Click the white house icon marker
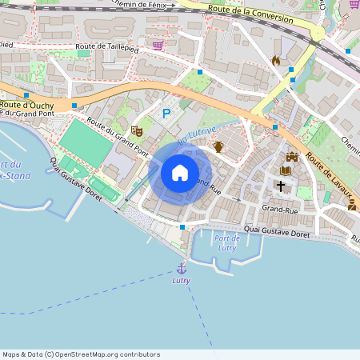pos(180,172)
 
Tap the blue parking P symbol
pos(166,114)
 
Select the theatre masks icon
pos(137,129)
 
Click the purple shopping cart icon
pos(158,46)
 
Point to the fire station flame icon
pos(276,60)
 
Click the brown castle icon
pos(291,156)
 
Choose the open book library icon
pos(286,170)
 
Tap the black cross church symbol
pos(280,186)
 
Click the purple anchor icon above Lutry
pos(182,269)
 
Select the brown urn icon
pos(218,146)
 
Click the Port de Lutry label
pos(228,243)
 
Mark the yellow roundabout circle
pos(318,34)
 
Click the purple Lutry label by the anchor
pos(182,281)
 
